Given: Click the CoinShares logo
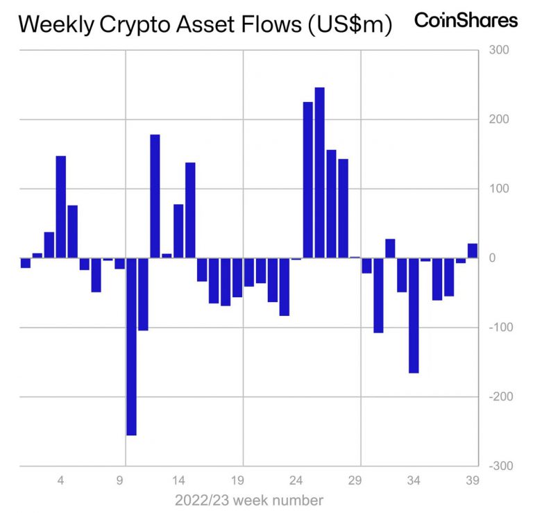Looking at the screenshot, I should (x=466, y=20).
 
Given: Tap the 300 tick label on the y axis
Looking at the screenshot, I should (x=499, y=50).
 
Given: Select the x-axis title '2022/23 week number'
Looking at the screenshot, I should (x=248, y=500).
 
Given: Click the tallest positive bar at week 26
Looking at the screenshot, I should (x=320, y=173).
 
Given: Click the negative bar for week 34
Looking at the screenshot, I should (x=414, y=315).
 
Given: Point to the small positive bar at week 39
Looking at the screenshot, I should (x=473, y=251).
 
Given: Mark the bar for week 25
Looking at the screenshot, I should (x=308, y=180).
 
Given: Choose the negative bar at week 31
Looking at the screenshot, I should (x=379, y=295).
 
